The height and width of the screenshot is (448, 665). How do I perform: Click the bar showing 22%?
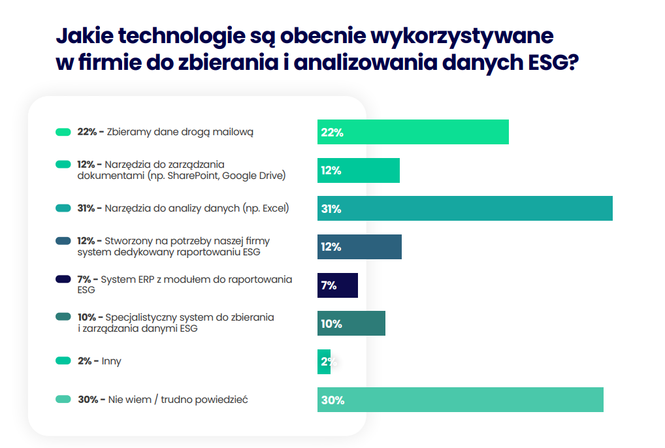pos(413,132)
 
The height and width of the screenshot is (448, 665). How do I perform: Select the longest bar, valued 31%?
pos(464,208)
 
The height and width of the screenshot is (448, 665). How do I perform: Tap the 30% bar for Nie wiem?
pos(460,400)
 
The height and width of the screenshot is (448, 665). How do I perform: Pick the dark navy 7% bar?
pos(338,285)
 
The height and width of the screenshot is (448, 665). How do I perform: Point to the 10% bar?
pos(351,323)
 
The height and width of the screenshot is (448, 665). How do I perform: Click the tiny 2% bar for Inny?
pos(324,361)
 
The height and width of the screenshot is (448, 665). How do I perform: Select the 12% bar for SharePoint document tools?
pos(358,170)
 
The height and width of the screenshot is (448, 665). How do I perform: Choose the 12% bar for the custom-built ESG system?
pos(359,247)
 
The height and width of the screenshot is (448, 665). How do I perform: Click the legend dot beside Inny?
pos(63,360)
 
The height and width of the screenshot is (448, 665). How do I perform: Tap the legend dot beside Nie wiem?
pos(63,399)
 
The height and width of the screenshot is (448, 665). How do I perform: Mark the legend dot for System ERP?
pos(63,280)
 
